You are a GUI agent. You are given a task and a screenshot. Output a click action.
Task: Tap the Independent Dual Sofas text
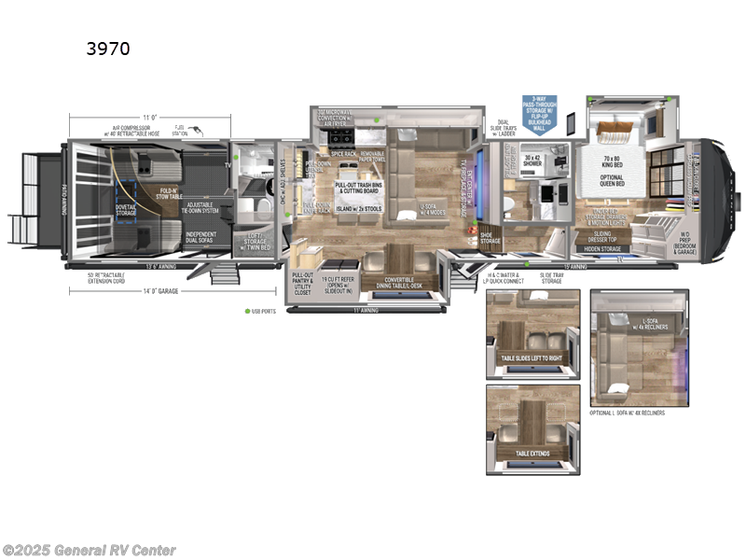click(x=200, y=238)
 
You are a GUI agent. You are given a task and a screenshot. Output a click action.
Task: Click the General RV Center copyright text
click(x=89, y=551)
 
